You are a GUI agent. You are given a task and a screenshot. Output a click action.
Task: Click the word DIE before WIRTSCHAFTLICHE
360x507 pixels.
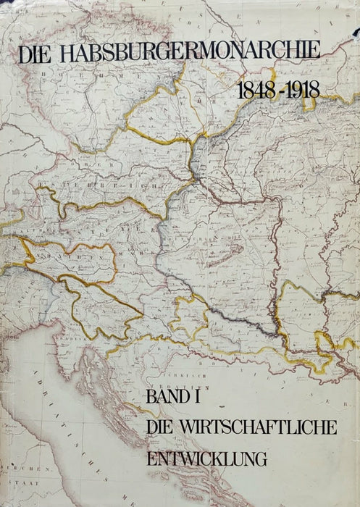pos(163,427)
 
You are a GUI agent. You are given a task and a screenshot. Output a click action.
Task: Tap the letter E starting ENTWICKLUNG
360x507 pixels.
pos(151,458)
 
